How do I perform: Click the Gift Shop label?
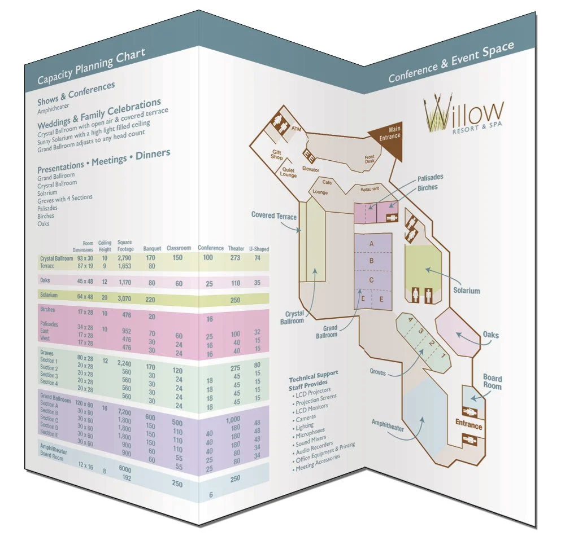pyautogui.click(x=277, y=155)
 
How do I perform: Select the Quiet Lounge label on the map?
pyautogui.click(x=288, y=173)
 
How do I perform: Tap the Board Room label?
pyautogui.click(x=492, y=382)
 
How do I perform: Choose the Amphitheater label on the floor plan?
pyautogui.click(x=388, y=428)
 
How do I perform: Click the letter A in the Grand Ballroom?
pyautogui.click(x=372, y=243)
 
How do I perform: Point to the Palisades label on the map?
pyautogui.click(x=430, y=177)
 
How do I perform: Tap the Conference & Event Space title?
pyautogui.click(x=451, y=63)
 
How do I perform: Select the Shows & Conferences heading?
pyautogui.click(x=76, y=93)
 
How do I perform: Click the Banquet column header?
pyautogui.click(x=151, y=248)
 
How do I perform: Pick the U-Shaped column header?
pyautogui.click(x=258, y=249)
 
